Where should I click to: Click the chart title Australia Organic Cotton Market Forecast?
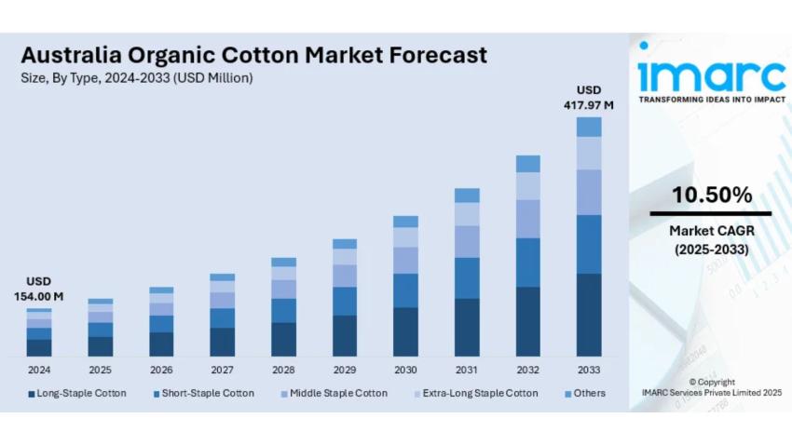(253, 55)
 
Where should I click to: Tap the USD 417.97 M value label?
(588, 98)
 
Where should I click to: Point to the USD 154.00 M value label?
(38, 289)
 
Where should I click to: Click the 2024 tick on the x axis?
(38, 370)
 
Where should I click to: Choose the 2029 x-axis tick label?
(344, 370)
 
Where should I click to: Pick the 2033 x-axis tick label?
(589, 370)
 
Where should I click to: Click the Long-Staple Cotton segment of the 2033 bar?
(589, 315)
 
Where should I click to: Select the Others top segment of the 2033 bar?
(589, 127)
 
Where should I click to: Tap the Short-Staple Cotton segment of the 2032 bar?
(527, 262)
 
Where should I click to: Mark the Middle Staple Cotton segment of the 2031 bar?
(467, 241)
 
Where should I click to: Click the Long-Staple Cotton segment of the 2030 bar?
(405, 331)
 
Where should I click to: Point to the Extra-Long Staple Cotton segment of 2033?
(589, 153)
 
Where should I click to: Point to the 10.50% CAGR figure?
(712, 196)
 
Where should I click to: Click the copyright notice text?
(712, 388)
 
